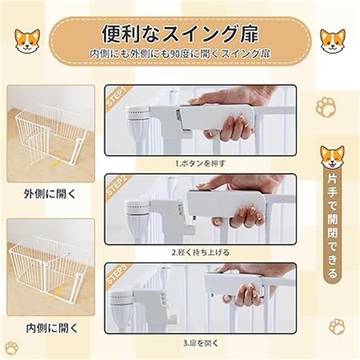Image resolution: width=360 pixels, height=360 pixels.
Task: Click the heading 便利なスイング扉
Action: tap(180, 35)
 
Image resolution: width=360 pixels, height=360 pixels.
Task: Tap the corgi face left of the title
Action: tap(27, 41)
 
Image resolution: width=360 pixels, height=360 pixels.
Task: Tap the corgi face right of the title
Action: tap(333, 41)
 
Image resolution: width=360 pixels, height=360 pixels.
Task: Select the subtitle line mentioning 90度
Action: tap(180, 54)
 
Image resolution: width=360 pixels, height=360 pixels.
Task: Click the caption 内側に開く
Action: tap(52, 328)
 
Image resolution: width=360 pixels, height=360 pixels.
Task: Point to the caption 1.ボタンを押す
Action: tap(200, 163)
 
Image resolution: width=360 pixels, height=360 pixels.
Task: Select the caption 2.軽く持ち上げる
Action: tap(200, 252)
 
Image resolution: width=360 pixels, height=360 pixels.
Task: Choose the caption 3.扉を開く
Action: tap(200, 343)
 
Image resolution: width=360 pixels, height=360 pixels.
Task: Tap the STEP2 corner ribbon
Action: tap(117, 185)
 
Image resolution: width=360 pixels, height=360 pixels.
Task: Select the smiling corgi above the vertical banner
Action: tap(333, 157)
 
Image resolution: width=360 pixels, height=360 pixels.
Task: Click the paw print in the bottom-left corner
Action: tap(12, 348)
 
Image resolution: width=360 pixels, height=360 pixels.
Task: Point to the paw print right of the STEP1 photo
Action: tap(325, 108)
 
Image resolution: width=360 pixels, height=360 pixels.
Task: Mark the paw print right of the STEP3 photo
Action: tap(337, 327)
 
